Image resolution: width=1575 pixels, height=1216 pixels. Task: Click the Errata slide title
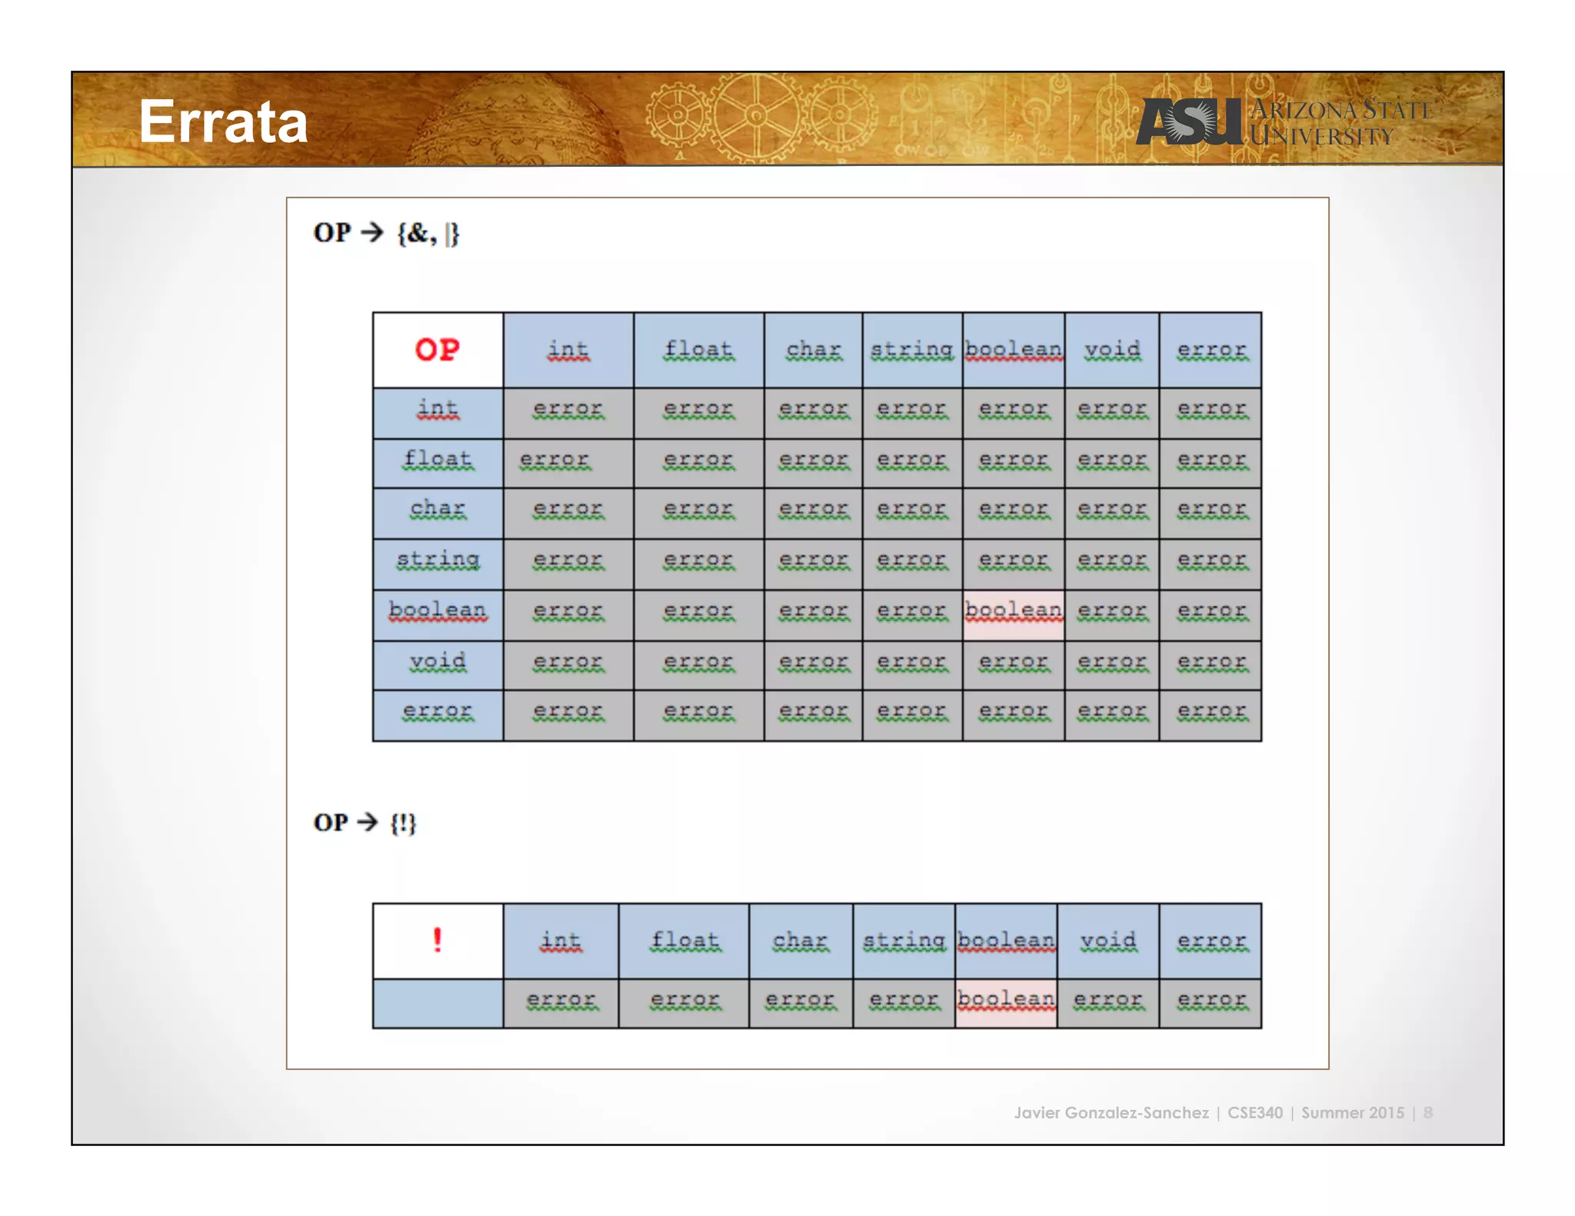tap(223, 122)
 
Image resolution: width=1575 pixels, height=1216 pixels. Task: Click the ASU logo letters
tap(1188, 122)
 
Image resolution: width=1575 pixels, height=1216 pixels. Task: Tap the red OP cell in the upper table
tap(438, 350)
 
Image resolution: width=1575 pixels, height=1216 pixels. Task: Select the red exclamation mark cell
tap(438, 940)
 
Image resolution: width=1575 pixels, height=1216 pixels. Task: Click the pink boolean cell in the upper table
tap(1013, 614)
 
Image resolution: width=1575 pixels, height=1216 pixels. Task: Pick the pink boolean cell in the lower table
tap(1006, 1002)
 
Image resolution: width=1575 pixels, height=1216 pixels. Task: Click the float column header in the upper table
tap(698, 350)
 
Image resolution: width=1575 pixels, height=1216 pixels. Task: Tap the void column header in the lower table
tap(1107, 940)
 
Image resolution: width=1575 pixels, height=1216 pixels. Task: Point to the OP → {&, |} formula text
tap(386, 233)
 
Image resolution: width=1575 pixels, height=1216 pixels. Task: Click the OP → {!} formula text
tap(365, 822)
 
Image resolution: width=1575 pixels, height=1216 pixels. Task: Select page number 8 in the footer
tap(1427, 1112)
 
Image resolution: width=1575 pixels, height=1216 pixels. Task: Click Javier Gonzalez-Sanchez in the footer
tap(1110, 1112)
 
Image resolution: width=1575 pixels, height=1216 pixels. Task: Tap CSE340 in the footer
tap(1254, 1112)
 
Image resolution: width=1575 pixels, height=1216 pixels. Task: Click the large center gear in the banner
tap(756, 116)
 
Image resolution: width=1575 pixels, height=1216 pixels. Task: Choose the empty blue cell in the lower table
tap(438, 1002)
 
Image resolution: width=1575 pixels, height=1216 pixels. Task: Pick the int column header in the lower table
tap(561, 940)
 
